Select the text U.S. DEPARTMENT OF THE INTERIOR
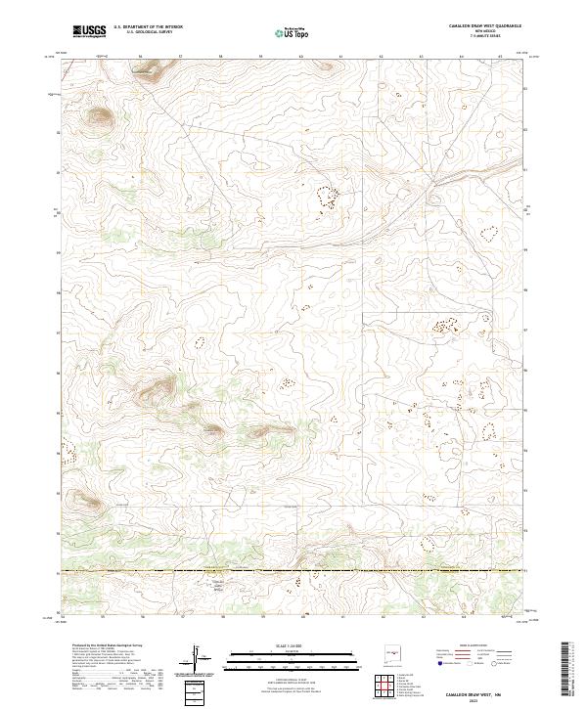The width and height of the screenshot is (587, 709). pos(148,28)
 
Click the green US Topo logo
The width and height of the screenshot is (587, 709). pos(293,31)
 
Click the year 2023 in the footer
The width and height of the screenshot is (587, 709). pos(483,696)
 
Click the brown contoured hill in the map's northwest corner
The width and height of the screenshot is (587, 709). pos(100,118)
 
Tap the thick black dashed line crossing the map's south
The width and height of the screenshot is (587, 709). pos(293,570)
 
